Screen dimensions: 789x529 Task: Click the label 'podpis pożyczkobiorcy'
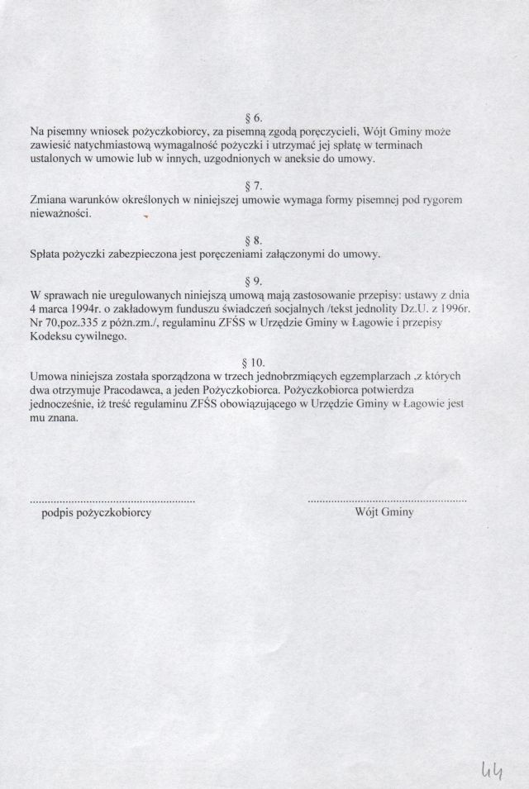pyautogui.click(x=95, y=513)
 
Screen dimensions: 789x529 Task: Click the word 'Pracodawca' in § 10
pyautogui.click(x=131, y=389)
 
